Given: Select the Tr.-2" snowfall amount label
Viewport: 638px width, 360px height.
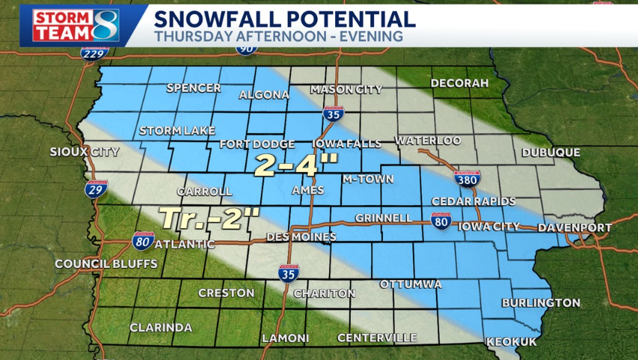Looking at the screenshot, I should (x=210, y=218).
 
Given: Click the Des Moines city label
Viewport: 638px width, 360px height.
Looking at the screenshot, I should (x=301, y=237).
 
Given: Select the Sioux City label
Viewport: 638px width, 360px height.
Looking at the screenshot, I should (x=85, y=152).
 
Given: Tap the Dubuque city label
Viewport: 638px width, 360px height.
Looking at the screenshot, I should (x=551, y=153).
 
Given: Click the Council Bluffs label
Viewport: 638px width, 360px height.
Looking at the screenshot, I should (x=106, y=264).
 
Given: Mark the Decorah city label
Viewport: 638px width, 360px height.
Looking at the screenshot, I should (x=459, y=83).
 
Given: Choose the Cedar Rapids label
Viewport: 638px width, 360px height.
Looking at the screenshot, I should (x=473, y=202).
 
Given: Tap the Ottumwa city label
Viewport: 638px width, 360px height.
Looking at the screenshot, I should (x=411, y=284).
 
